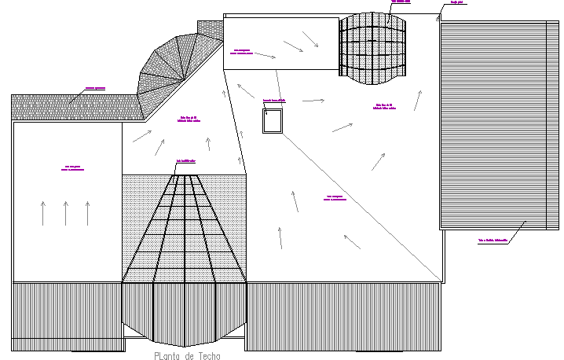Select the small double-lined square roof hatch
[273, 122]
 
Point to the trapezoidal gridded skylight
[185, 232]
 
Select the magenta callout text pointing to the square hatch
[274, 100]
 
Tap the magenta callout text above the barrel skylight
[400, 2]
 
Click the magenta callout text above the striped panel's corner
[456, 2]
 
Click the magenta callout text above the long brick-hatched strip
[95, 88]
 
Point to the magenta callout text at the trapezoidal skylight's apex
[186, 160]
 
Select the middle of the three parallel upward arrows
[66, 212]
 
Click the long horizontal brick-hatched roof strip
[75, 107]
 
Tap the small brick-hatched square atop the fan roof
[210, 28]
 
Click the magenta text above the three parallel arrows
[75, 167]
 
